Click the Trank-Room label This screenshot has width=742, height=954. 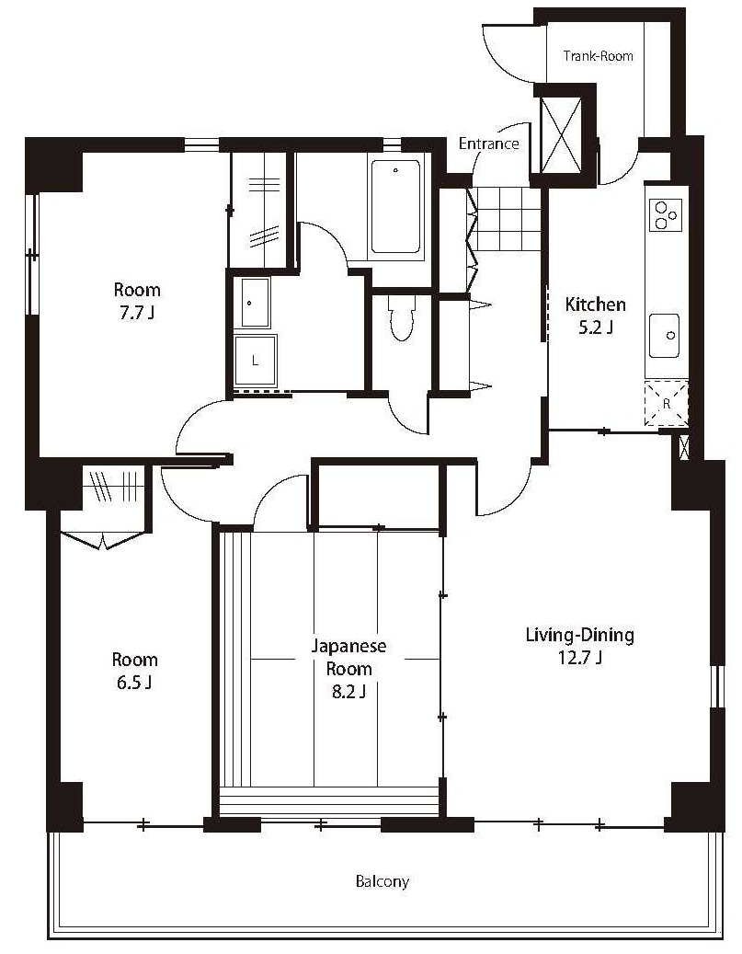tap(598, 56)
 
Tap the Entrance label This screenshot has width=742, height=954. tap(488, 144)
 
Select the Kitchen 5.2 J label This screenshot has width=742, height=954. tap(596, 316)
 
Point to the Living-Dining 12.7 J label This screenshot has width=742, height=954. tap(579, 646)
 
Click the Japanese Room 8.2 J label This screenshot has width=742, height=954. tap(348, 668)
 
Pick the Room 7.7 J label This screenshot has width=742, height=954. tap(137, 301)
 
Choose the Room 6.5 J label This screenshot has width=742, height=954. tap(134, 671)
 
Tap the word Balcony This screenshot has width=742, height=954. tap(382, 881)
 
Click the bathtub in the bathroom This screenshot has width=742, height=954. tap(396, 206)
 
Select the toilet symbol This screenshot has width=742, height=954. tap(401, 318)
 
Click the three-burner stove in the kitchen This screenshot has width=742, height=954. tap(666, 215)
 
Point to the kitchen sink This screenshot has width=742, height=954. tap(664, 336)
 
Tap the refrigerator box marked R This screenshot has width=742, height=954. tap(666, 403)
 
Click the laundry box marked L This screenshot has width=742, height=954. tap(256, 361)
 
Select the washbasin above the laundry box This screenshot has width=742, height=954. tap(256, 303)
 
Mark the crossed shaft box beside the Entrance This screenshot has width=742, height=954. tap(561, 135)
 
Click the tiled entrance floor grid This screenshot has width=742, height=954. tap(508, 219)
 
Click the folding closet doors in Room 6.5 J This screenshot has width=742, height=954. tap(104, 540)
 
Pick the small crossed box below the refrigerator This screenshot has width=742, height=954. tap(683, 447)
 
